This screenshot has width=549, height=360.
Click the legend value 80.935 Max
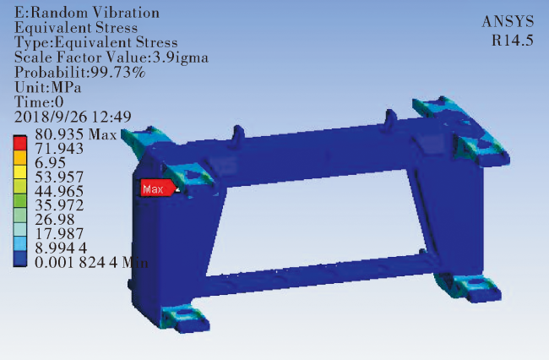coord(76,134)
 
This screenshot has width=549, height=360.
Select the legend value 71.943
coord(59,149)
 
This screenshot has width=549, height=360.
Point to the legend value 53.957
coord(59,177)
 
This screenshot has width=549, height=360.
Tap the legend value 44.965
coord(59,191)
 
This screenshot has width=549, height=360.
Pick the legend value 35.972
coord(59,205)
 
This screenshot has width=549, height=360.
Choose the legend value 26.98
coord(55,220)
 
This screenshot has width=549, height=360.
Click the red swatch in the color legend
coord(20,143)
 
